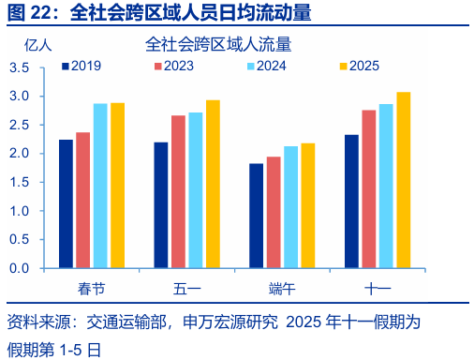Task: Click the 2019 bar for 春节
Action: click(66, 203)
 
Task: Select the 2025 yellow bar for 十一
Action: click(404, 180)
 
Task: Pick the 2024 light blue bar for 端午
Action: click(291, 206)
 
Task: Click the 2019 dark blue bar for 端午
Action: click(256, 216)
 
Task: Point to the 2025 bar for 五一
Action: click(213, 184)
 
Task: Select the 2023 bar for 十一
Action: click(369, 188)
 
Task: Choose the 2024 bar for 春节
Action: click(100, 186)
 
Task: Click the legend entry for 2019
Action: click(80, 66)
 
